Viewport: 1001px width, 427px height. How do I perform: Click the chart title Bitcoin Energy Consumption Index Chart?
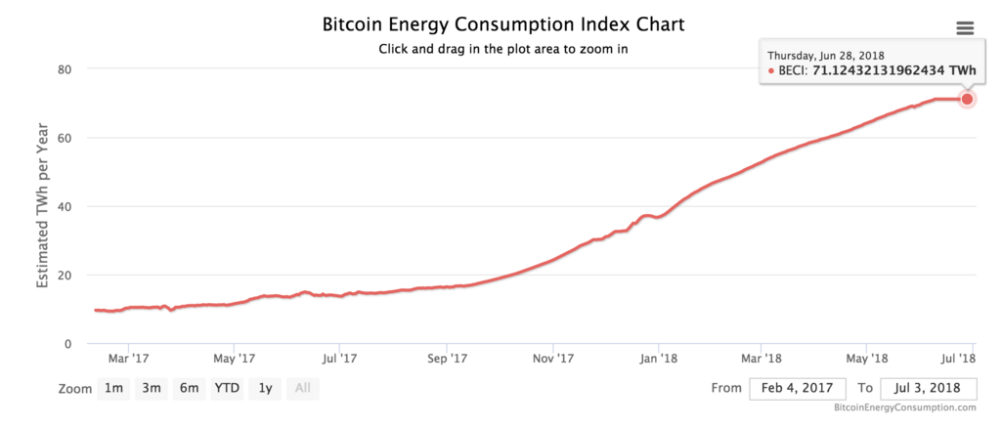pos(503,23)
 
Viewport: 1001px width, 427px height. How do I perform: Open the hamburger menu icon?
pos(965,28)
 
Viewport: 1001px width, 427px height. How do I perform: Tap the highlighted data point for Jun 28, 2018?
pos(967,99)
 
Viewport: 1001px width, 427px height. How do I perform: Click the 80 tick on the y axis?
pos(67,69)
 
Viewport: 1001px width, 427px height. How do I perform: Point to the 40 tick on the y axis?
pos(67,206)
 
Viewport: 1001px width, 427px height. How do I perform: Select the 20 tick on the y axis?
pos(67,275)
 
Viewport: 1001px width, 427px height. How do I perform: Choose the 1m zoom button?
pos(113,388)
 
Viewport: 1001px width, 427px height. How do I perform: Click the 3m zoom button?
pos(151,388)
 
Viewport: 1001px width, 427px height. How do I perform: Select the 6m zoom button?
pos(189,388)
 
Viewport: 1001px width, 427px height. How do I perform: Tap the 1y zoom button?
pos(265,388)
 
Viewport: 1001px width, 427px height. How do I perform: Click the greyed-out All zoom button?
pos(303,388)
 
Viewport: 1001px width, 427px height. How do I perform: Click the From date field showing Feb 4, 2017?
pos(797,388)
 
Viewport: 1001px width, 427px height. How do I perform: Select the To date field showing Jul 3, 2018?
pos(928,388)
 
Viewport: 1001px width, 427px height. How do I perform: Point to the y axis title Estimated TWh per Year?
pos(43,206)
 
